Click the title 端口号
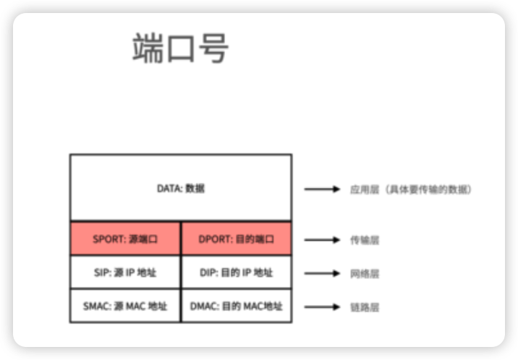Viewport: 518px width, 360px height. pos(180,48)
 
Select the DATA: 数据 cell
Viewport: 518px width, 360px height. pos(181,188)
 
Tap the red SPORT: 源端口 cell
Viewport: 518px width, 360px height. pos(125,239)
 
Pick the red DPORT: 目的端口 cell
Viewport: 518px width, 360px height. pos(236,239)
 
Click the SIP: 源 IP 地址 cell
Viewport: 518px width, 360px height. pos(125,273)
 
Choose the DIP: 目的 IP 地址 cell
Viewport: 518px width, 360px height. pos(236,273)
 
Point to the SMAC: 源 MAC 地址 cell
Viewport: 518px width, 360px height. pos(125,306)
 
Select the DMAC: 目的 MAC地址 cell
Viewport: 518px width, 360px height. pos(236,306)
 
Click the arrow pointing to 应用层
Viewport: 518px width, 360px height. pos(322,189)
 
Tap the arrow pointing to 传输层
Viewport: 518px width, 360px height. pos(322,239)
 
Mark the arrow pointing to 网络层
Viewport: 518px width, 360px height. pos(322,273)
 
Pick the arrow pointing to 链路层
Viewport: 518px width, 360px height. pos(322,307)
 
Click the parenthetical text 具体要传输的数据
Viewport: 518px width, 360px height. pos(430,189)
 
